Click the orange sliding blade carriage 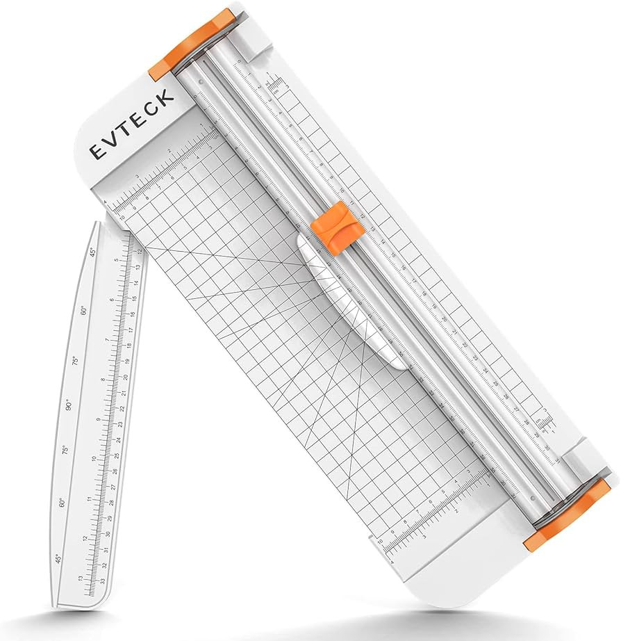pos(335,227)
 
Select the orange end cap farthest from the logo pos(566,514)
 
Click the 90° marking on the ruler pos(68,405)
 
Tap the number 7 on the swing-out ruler pos(106,340)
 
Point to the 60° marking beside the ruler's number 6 pos(85,310)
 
